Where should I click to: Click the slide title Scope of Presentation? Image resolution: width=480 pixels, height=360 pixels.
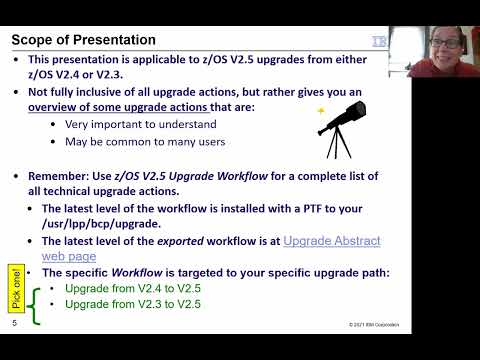click(83, 40)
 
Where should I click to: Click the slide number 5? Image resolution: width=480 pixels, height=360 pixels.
click(15, 324)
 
